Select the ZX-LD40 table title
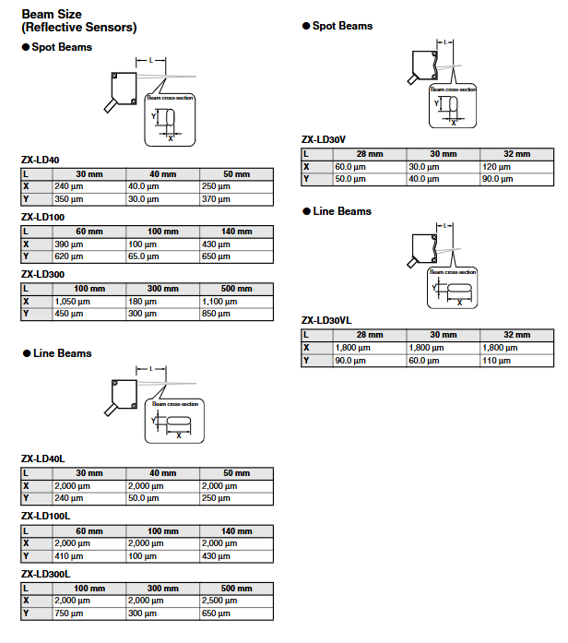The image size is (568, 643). coord(41,161)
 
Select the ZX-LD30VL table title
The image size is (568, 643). coord(326,321)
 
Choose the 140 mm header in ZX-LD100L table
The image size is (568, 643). coord(236,531)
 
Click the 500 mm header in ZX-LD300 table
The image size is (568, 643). coord(236,289)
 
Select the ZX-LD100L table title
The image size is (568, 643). coord(47,516)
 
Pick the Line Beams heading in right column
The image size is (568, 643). coord(342,211)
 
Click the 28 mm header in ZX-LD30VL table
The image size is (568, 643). coord(369,335)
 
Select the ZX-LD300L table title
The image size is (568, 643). coord(47,573)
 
